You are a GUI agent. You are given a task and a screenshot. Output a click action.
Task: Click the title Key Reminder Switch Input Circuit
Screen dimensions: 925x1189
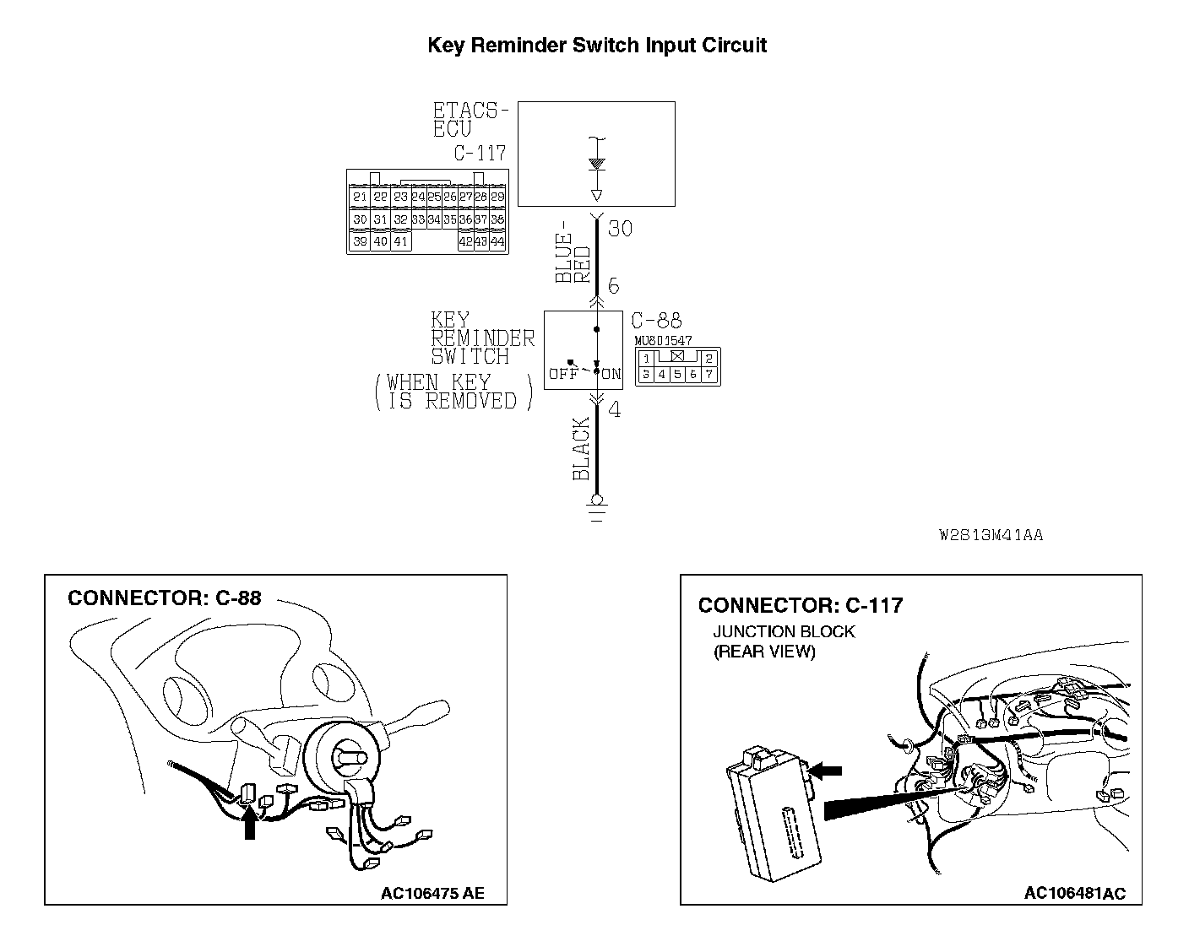[x=597, y=45]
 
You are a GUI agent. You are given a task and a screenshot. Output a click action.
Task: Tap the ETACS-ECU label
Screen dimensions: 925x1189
[x=470, y=120]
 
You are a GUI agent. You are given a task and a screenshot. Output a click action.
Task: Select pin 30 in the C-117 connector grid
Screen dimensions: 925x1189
[x=360, y=219]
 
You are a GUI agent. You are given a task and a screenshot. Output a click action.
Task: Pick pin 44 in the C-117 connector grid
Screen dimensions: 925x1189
[x=497, y=241]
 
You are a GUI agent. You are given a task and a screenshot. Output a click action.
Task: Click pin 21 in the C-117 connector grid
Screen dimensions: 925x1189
[x=360, y=197]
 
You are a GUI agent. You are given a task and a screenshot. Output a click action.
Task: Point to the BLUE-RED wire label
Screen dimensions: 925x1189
[x=573, y=257]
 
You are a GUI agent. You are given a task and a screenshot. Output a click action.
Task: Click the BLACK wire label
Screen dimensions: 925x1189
[x=581, y=449]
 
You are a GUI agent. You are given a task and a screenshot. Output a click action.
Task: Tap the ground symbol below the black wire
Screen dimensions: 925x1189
[x=597, y=511]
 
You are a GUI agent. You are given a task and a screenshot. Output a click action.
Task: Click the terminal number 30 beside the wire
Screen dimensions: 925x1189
[x=620, y=229]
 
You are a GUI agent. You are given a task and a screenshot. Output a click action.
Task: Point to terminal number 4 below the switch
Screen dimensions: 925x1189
[x=615, y=411]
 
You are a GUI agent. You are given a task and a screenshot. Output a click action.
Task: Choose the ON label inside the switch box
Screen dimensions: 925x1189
[x=611, y=374]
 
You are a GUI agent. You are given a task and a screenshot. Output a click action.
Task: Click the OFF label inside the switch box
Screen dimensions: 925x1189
[x=563, y=374]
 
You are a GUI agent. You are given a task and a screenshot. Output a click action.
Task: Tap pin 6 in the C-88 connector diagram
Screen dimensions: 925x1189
[x=693, y=374]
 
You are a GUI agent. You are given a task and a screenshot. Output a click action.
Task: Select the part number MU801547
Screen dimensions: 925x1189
[x=664, y=340]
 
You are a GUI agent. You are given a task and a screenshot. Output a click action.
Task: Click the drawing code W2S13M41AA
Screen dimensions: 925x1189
[x=991, y=535]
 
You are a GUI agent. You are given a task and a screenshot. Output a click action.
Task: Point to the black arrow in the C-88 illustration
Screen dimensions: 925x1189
[x=249, y=823]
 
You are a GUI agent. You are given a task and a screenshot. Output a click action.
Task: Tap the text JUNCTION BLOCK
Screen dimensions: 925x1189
[x=784, y=631]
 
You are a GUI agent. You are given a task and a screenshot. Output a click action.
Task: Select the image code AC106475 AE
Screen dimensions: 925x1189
[x=432, y=893]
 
